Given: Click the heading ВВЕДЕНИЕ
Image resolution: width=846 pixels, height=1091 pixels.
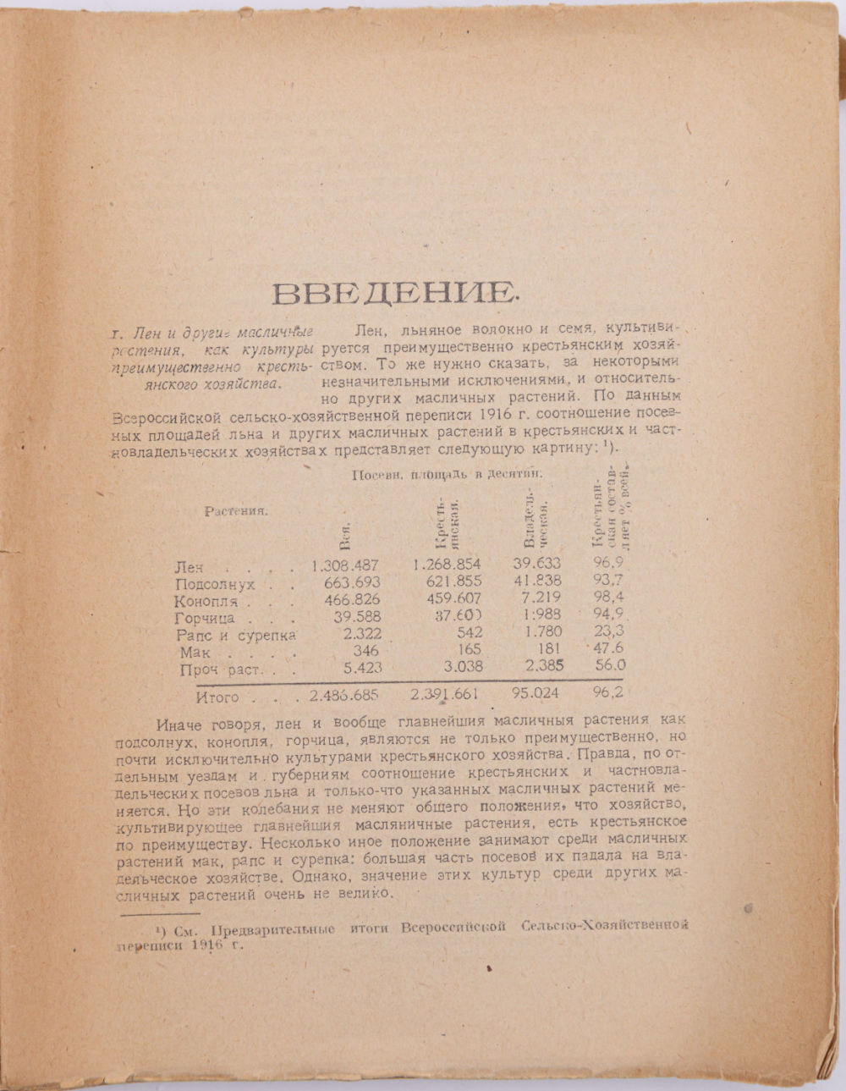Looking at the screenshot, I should coord(393,293).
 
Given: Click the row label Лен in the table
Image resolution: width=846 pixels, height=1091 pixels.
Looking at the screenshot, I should coord(189,567).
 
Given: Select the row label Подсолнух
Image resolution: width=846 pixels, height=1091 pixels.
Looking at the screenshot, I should coord(214,584).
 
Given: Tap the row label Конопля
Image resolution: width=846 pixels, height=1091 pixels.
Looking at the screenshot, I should coord(206,602).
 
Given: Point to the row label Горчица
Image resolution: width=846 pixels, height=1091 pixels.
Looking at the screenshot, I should coord(204,619).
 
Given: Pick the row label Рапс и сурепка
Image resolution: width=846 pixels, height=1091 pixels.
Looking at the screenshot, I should coord(234,635).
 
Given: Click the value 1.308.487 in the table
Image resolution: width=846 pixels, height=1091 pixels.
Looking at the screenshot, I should coord(345,565).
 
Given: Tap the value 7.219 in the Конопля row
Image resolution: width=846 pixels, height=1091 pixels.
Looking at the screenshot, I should coord(541,598).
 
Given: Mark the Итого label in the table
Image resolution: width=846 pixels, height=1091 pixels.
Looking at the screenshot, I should coord(217,698).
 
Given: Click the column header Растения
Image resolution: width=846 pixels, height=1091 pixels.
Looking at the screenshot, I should coord(236,510).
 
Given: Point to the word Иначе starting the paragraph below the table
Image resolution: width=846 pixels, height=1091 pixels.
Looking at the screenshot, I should coord(180,725).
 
